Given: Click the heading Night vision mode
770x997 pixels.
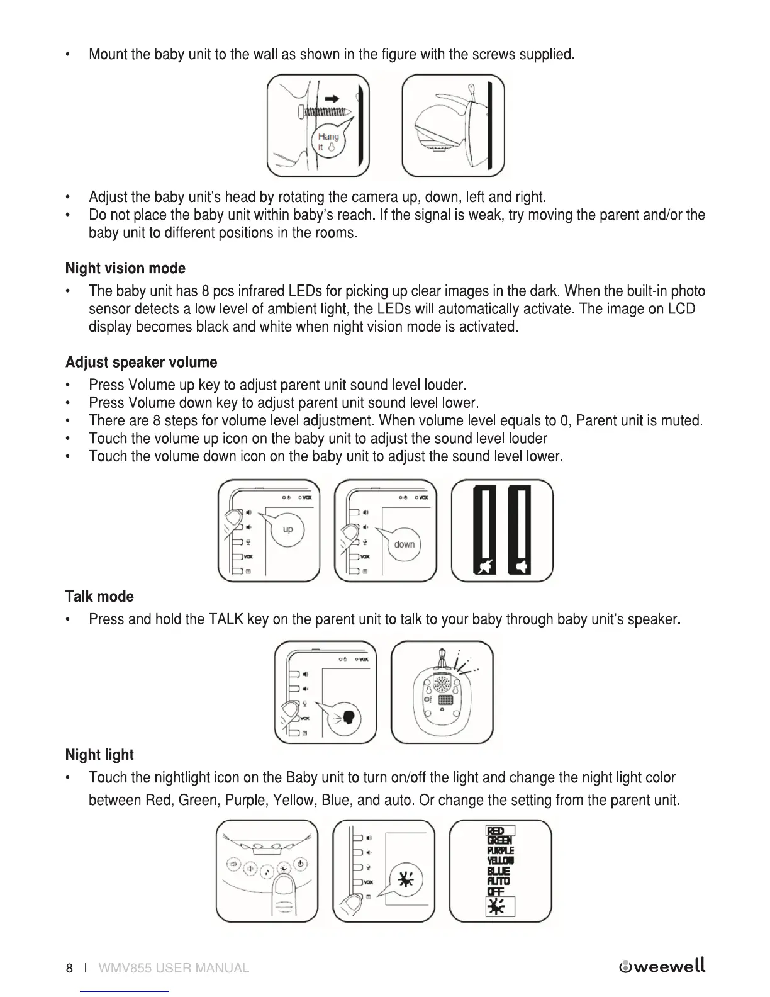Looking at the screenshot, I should [125, 269].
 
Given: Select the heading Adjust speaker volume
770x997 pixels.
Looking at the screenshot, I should [141, 363].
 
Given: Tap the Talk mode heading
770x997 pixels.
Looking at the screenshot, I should [99, 597].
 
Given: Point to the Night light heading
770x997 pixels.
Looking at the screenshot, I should [99, 755].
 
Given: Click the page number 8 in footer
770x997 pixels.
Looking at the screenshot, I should [69, 968].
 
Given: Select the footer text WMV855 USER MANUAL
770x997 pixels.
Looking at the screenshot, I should [174, 968].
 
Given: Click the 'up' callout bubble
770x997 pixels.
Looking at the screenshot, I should [287, 530].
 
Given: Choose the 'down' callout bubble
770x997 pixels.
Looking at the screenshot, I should [404, 544].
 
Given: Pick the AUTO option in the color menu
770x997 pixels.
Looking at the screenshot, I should [499, 881].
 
